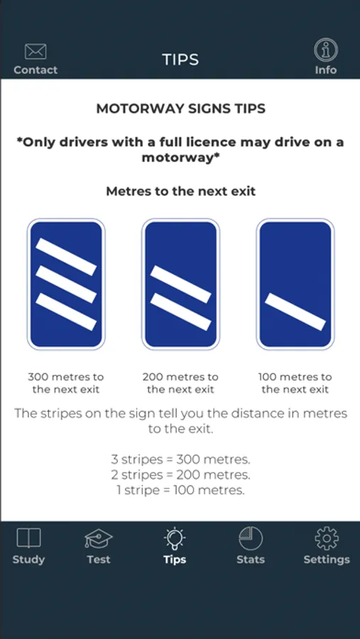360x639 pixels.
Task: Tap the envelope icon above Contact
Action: click(36, 51)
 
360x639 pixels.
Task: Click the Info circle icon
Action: click(326, 50)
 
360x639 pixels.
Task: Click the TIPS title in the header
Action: click(180, 60)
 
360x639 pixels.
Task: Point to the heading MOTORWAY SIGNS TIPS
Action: click(180, 109)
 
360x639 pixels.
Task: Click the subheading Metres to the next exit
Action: click(180, 191)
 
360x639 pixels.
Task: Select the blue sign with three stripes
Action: click(66, 285)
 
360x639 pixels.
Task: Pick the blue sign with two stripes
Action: click(180, 285)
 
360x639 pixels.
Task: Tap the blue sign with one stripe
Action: click(295, 285)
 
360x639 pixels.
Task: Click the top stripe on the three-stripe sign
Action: click(66, 257)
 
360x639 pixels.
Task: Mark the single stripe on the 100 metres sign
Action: click(295, 312)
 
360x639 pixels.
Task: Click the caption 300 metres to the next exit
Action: click(66, 383)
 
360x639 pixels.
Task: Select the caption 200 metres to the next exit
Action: click(180, 383)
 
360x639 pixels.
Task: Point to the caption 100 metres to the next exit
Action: click(295, 383)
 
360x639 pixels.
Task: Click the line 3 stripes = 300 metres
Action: click(180, 459)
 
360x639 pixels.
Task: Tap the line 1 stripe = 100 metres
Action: click(180, 490)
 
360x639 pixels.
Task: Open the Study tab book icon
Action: click(28, 538)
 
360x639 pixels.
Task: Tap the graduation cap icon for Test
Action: click(99, 538)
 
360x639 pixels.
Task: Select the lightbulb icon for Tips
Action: click(175, 538)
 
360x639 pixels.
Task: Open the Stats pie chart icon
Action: click(251, 538)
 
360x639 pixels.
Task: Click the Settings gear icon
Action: click(327, 538)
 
